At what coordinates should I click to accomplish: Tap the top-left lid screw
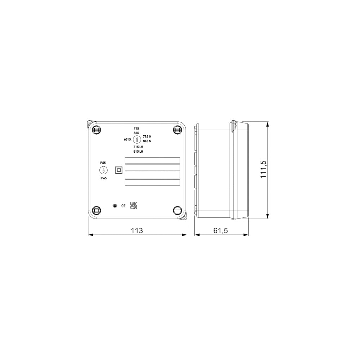(96, 129)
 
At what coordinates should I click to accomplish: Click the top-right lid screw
(177, 129)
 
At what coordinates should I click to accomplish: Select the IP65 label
(103, 178)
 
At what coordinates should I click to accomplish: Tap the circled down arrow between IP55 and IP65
(103, 171)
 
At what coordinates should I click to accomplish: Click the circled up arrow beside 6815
(136, 140)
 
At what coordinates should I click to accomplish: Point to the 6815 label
(127, 140)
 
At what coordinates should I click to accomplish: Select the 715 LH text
(138, 147)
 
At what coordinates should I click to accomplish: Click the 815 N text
(147, 141)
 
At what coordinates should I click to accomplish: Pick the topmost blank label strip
(152, 160)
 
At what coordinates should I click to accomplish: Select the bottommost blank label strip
(152, 183)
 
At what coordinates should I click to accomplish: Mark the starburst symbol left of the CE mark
(114, 206)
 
